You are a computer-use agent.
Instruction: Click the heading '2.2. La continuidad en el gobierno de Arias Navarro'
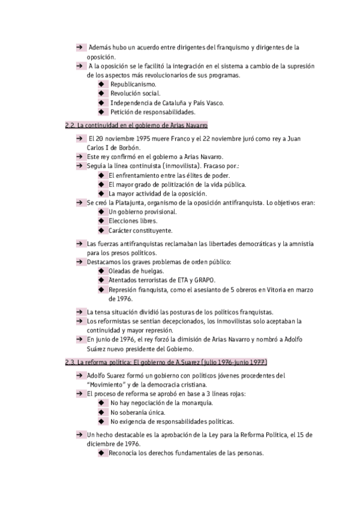point(136,125)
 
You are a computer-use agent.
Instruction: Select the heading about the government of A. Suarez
point(166,363)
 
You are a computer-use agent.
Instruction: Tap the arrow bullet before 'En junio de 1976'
point(79,339)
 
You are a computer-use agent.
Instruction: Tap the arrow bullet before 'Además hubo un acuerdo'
point(79,47)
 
